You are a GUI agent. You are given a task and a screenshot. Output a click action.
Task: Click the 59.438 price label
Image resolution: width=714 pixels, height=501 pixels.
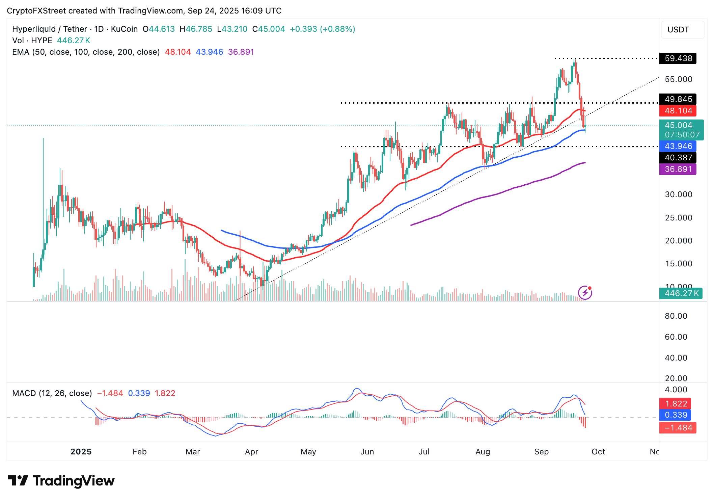678,58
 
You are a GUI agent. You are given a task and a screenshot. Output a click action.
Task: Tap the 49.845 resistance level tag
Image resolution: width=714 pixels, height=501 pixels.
678,99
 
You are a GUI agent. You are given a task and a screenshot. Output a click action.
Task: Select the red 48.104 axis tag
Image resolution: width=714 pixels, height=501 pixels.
678,111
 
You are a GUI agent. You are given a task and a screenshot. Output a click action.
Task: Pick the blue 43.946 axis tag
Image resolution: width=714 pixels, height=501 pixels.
678,146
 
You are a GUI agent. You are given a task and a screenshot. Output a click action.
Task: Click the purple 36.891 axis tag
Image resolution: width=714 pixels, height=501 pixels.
678,169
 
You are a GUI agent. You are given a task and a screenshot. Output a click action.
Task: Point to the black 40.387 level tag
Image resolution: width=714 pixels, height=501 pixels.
678,158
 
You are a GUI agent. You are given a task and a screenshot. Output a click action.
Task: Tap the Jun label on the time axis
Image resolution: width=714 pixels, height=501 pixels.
367,452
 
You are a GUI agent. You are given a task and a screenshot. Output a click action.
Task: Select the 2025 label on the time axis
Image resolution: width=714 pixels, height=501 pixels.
81,452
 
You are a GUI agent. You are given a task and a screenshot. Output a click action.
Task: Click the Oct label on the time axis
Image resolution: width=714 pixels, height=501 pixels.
598,452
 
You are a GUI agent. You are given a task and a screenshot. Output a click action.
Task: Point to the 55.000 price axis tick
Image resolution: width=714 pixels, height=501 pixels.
678,79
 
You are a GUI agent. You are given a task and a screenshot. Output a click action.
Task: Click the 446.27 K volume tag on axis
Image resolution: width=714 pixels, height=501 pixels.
681,293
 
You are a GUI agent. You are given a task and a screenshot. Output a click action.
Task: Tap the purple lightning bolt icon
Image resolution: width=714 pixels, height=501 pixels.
585,293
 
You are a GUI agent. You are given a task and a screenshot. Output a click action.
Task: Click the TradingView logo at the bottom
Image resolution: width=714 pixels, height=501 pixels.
61,481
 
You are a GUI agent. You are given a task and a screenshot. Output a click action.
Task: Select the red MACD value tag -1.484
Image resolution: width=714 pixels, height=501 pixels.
678,428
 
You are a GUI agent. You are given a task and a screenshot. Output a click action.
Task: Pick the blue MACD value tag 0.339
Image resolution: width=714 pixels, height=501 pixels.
678,415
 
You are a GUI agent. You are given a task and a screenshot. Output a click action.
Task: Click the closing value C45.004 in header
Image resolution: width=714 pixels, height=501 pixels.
269,29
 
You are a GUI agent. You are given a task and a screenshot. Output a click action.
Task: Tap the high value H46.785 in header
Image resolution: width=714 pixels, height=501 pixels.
196,29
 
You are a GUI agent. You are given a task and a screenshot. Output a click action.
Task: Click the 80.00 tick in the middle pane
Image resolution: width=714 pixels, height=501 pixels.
676,316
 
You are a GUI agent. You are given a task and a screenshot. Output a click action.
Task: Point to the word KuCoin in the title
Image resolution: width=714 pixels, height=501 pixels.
124,29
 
